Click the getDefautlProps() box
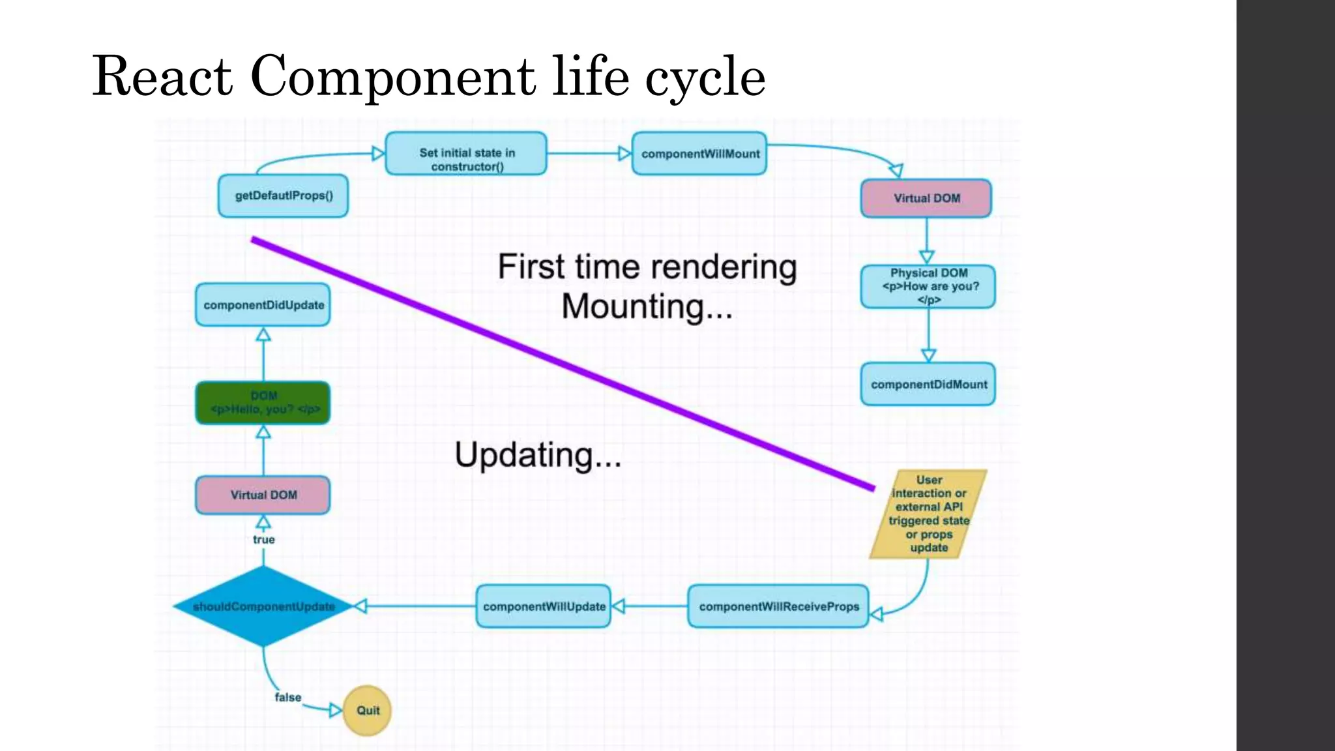283,196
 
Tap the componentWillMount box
699,154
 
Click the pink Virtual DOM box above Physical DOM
926,198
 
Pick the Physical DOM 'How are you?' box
928,286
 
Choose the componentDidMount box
928,385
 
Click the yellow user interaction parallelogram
928,514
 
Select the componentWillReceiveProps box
778,606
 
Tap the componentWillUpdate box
544,606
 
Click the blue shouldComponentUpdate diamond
263,606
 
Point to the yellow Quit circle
367,711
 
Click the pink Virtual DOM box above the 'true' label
263,495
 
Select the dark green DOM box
263,403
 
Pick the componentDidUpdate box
263,305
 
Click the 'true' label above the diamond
263,540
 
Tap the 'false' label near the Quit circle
287,698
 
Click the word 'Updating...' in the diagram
538,455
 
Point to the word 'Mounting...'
647,307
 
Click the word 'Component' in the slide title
392,76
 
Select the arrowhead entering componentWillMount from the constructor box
624,154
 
